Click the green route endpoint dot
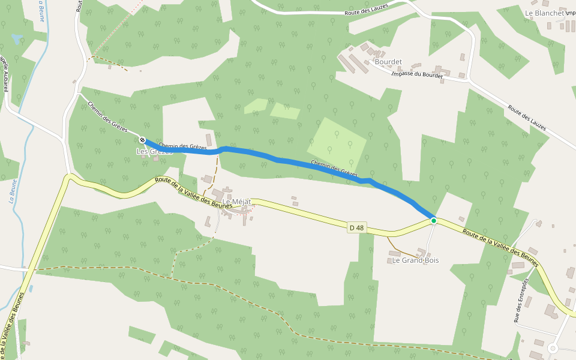click(434, 221)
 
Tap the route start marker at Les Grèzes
click(143, 140)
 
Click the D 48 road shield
click(356, 227)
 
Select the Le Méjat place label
click(237, 202)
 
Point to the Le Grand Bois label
click(415, 260)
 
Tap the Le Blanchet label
click(544, 13)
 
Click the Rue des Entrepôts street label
click(521, 300)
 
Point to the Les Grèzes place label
click(155, 152)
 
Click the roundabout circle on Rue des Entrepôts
click(553, 348)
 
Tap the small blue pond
click(17, 40)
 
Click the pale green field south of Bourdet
click(337, 142)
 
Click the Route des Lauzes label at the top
click(367, 9)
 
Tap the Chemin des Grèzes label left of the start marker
click(107, 116)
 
